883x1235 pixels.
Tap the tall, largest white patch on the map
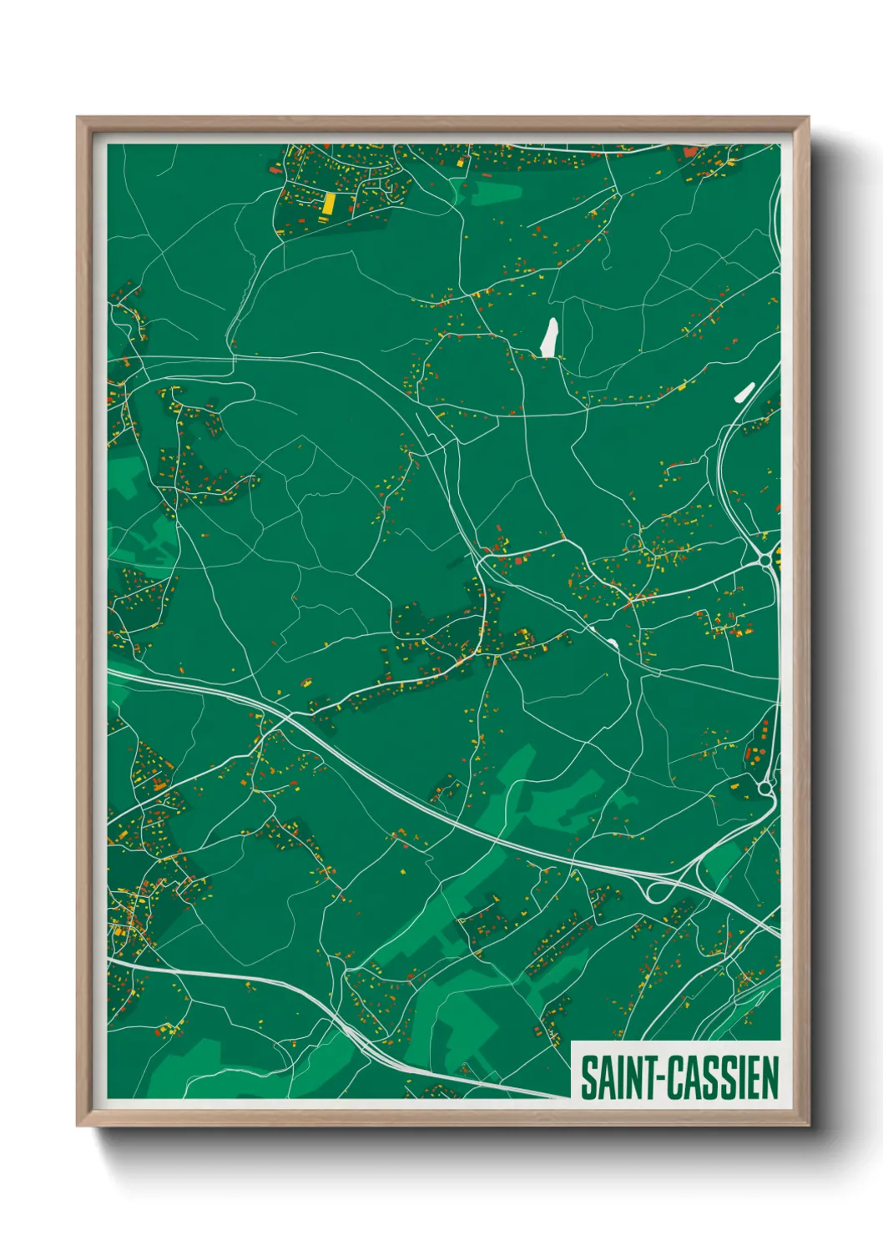(x=549, y=337)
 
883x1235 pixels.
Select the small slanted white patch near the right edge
(x=744, y=391)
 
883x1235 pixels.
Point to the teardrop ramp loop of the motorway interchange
(x=658, y=890)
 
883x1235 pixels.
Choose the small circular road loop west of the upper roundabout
(x=634, y=544)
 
